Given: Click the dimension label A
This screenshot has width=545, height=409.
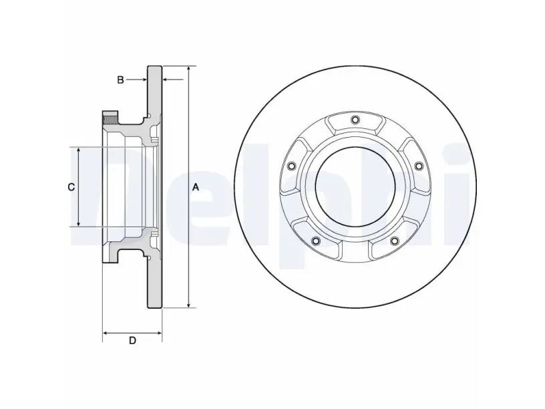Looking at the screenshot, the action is point(196,187).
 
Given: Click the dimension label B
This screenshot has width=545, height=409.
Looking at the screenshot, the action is point(120,80).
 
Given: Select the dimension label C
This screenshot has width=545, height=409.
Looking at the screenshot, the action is point(71,187).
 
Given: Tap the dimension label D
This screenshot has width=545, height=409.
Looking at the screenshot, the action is point(132,341).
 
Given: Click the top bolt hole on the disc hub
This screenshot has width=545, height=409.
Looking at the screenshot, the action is point(355,120).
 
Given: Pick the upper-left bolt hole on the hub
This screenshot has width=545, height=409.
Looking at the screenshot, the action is point(291,166).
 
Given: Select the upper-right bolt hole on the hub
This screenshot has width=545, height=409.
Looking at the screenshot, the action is point(419,166).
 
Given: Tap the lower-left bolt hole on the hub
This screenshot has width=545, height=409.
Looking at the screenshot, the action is point(316,241).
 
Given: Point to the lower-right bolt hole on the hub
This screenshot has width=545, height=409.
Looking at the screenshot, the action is point(394,241).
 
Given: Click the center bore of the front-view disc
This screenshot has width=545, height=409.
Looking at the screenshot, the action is point(355,186).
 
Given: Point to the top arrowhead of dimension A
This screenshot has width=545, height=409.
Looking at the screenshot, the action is point(188,69).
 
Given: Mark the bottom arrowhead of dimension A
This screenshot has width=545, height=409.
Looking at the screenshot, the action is point(188,304).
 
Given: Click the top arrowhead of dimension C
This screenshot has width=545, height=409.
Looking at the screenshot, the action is point(79,150).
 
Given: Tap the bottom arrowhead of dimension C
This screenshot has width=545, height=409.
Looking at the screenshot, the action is point(79,223).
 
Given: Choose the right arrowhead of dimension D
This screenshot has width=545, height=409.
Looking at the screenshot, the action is point(159,333).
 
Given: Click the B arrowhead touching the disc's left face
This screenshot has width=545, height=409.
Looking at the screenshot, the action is point(144,80).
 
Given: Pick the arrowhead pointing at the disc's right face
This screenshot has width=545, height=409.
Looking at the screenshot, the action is point(166,80).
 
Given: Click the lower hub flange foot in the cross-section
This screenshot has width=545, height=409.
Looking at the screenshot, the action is point(110,255).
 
